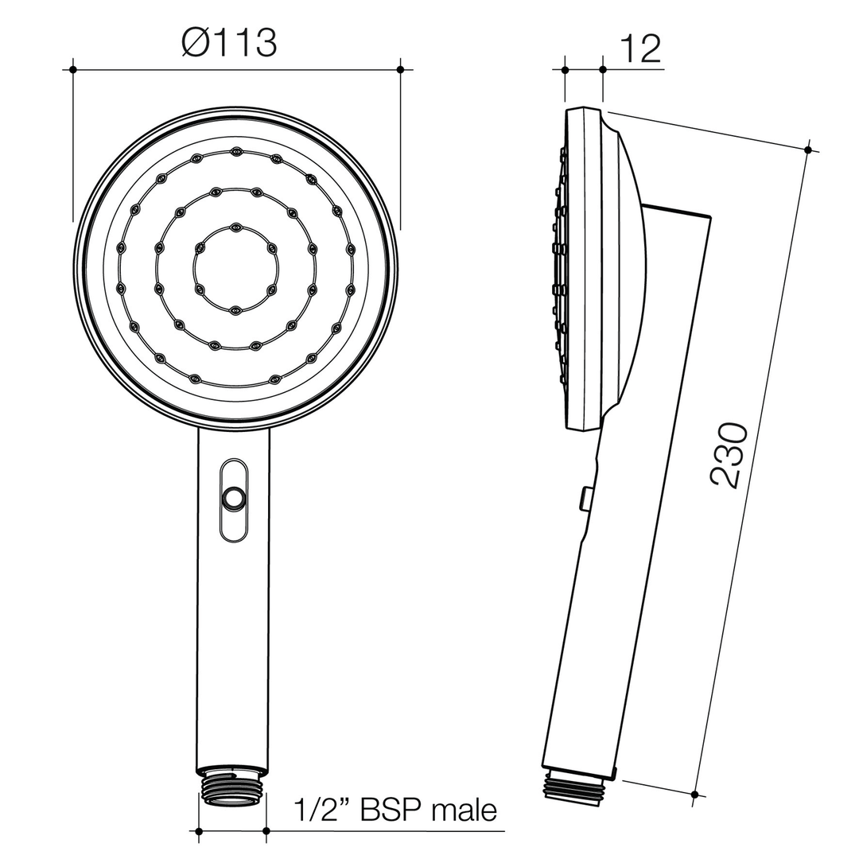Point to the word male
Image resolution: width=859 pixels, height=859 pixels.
[464, 810]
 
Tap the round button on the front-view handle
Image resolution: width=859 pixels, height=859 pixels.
[234, 499]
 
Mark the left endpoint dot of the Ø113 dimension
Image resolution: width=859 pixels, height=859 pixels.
[73, 70]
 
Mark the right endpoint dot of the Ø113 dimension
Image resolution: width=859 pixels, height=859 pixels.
[400, 70]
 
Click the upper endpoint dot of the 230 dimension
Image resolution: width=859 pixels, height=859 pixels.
[808, 150]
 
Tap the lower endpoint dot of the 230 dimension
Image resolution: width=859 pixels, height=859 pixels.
[695, 794]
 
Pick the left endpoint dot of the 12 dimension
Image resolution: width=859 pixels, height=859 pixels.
[565, 70]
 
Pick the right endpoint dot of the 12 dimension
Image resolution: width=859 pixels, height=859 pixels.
[602, 70]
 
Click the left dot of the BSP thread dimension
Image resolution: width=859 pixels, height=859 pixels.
[199, 831]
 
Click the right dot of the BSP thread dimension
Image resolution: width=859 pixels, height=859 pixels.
[266, 831]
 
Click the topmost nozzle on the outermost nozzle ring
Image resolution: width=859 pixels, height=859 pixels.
[235, 151]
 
